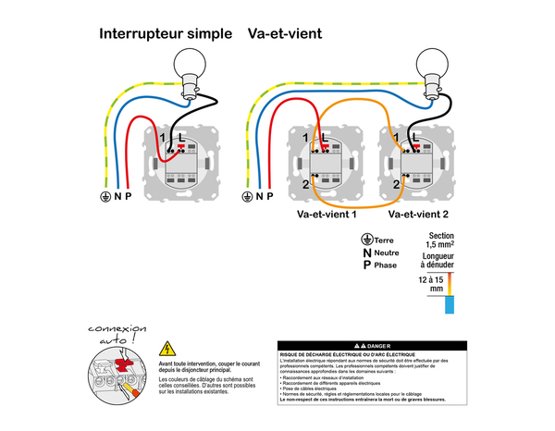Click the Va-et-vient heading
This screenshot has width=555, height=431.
click(x=285, y=35)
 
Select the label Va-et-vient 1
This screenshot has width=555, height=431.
click(x=327, y=214)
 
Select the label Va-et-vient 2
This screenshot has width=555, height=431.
click(x=418, y=214)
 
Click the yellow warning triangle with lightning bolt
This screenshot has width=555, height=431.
click(x=166, y=350)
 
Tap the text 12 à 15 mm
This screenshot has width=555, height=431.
click(x=430, y=283)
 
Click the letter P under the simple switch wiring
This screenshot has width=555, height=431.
click(x=128, y=196)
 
